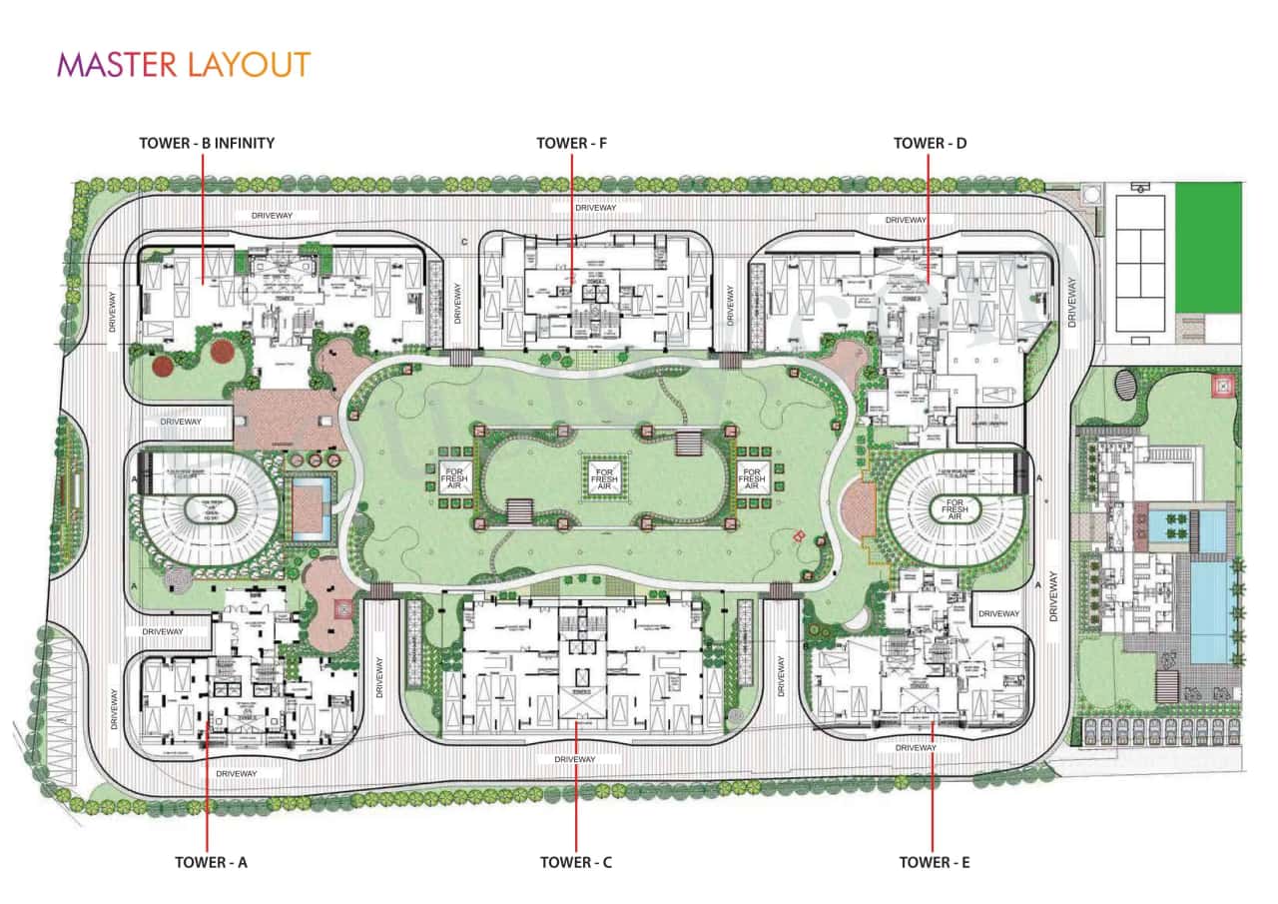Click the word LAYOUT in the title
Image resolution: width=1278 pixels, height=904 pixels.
click(248, 65)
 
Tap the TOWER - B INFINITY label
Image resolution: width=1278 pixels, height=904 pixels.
click(207, 143)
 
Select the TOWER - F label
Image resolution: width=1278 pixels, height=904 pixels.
click(571, 143)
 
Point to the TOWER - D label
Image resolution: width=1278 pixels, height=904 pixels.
click(930, 143)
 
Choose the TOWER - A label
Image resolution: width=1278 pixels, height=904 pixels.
click(211, 862)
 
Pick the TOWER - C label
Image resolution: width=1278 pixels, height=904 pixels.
click(576, 862)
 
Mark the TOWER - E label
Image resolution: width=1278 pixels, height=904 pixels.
click(935, 862)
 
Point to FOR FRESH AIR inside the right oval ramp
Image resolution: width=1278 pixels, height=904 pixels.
click(955, 508)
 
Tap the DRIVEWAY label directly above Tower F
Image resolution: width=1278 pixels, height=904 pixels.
click(596, 207)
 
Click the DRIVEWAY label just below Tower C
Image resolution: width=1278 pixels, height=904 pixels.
click(575, 759)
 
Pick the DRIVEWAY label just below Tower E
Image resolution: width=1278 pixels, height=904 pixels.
click(916, 747)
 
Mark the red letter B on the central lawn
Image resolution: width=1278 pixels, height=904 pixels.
click(798, 535)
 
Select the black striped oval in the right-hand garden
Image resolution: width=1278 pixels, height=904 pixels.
click(1124, 385)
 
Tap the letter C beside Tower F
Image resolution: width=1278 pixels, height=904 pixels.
click(464, 242)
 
